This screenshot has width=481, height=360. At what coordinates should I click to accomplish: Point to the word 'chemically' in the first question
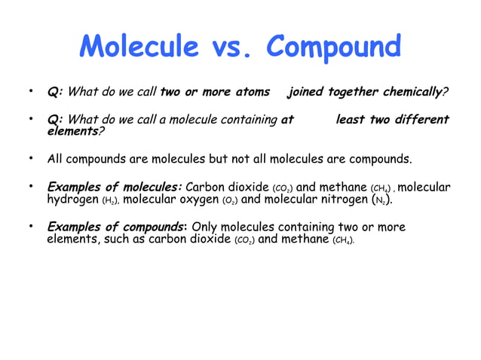[x=412, y=93]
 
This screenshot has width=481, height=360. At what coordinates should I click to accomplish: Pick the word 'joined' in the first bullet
[x=305, y=93]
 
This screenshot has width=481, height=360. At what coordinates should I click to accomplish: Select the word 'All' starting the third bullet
[x=57, y=159]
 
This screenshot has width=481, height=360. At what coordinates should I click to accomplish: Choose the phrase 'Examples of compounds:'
[x=118, y=227]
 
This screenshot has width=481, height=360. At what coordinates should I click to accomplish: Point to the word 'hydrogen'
[x=73, y=200]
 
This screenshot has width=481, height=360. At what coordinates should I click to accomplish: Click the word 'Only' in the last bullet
[x=207, y=227]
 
